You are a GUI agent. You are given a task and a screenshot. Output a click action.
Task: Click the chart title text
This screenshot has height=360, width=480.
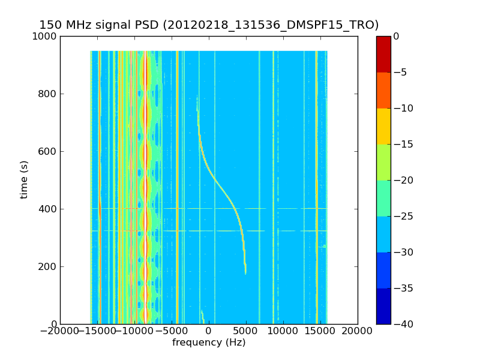pos(209,25)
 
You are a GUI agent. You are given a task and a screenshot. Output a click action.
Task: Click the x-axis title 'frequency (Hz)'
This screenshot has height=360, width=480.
pos(209,343)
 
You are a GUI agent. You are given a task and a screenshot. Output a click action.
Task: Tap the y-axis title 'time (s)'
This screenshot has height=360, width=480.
pos(24,179)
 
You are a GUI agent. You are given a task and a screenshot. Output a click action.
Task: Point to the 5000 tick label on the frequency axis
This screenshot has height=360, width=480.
pos(246,331)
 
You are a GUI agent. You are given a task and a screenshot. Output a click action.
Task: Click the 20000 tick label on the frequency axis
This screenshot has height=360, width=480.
pos(358,331)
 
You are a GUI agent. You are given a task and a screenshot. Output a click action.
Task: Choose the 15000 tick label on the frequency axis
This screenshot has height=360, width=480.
pos(320,331)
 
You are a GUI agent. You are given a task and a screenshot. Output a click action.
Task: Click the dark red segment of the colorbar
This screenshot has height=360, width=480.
pos(383,54)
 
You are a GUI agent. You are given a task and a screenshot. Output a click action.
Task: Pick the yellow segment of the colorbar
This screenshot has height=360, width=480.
pos(383,126)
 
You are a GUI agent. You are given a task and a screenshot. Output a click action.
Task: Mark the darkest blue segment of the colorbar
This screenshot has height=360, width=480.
pos(383,306)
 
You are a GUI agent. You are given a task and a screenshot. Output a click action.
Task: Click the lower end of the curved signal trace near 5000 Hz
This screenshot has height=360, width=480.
pos(245,273)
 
